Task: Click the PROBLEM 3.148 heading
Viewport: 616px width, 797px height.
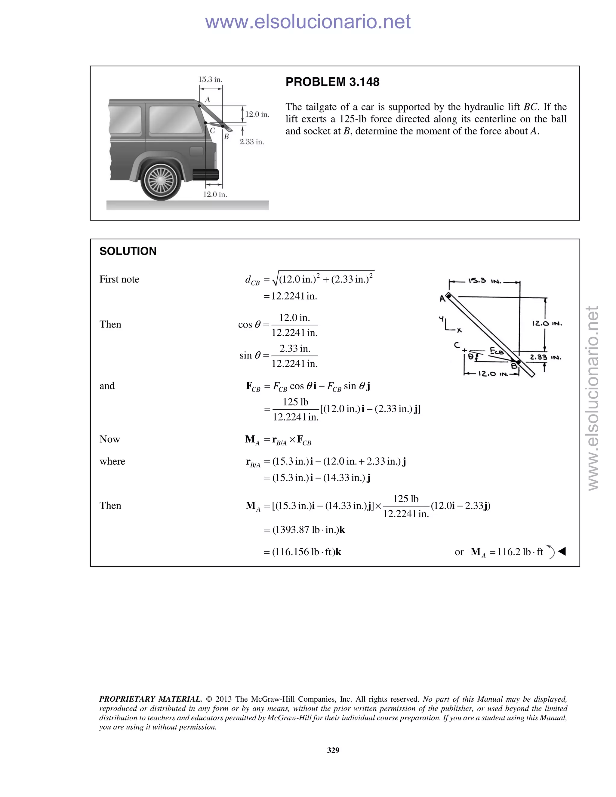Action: (x=332, y=82)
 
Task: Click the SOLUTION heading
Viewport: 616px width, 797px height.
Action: (x=128, y=251)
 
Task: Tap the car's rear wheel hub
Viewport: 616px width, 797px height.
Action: (x=161, y=180)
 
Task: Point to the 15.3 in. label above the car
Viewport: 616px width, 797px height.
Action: (x=210, y=79)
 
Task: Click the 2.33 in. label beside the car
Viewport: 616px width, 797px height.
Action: (x=252, y=142)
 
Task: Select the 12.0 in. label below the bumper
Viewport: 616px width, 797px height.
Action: (x=215, y=195)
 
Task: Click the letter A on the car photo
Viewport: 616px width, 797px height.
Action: (x=207, y=100)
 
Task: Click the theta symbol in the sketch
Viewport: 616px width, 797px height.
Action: (x=471, y=356)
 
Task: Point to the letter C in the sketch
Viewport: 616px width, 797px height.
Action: (x=457, y=345)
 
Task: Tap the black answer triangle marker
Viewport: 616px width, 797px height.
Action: (x=562, y=551)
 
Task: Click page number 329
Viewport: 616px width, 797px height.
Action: (x=333, y=750)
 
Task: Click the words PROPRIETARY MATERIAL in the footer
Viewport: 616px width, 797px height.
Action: (x=150, y=699)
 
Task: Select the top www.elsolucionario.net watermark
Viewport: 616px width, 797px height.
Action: (x=308, y=22)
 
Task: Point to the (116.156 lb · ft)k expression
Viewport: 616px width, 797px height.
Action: (x=306, y=552)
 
